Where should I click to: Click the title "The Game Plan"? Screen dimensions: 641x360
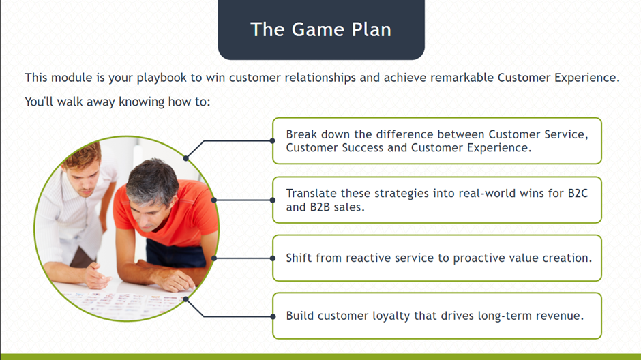click(321, 29)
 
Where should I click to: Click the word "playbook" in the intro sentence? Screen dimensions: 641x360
click(162, 78)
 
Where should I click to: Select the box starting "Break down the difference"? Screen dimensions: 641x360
click(437, 141)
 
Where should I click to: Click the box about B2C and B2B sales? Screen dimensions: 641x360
click(437, 200)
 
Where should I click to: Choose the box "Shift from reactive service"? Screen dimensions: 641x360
click(437, 258)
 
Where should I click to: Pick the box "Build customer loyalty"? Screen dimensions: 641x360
click(437, 316)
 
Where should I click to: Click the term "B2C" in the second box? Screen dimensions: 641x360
click(578, 193)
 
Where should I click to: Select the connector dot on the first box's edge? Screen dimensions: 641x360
click(272, 141)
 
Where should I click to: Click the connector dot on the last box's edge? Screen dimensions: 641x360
click(273, 316)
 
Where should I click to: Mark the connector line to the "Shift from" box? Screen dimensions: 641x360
click(243, 258)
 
